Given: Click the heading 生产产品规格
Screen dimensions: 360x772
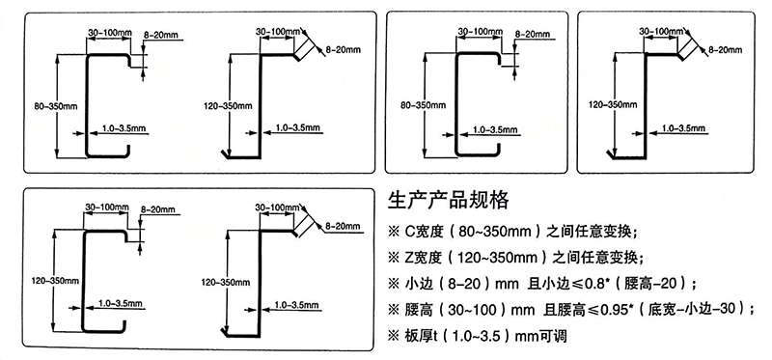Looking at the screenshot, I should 446,201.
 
